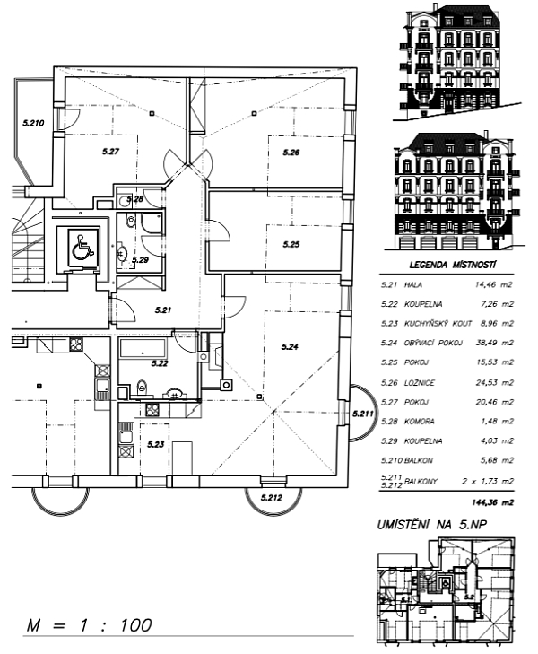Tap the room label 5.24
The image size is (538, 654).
290,346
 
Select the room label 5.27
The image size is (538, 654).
111,152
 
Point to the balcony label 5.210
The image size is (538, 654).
33,123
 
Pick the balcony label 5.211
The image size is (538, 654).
363,414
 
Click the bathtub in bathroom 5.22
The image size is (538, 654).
143,349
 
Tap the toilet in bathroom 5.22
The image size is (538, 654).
142,387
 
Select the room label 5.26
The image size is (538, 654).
291,153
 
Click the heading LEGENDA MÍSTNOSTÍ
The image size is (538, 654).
453,265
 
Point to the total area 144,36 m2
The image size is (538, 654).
492,502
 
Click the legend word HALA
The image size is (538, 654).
413,285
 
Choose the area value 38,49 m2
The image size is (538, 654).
495,343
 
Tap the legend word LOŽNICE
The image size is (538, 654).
420,382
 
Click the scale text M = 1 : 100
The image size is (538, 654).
89,625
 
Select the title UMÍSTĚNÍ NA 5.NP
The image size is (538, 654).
431,525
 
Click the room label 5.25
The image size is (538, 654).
291,244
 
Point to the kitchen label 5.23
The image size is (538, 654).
155,444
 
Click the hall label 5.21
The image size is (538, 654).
163,310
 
